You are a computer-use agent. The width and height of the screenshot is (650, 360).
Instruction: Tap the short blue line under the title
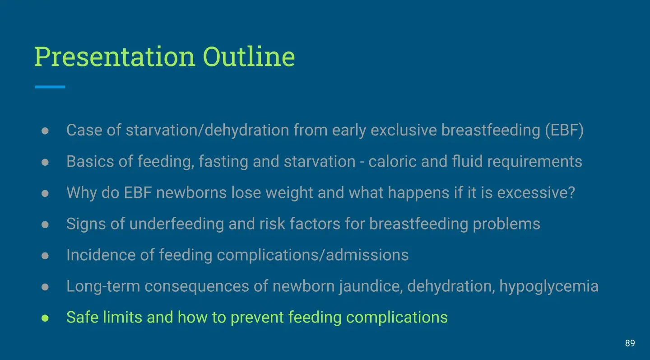[x=50, y=87]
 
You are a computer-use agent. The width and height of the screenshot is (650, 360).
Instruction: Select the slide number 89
[x=630, y=343]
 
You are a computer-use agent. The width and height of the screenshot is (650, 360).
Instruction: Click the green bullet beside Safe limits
[x=45, y=318]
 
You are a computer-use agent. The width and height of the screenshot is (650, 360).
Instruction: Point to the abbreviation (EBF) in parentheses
[x=564, y=130]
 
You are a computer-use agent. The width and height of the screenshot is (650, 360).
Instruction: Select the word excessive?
[x=536, y=193]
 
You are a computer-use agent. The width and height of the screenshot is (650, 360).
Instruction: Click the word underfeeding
[x=176, y=224]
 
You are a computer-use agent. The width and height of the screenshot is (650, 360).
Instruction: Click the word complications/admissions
[x=312, y=256]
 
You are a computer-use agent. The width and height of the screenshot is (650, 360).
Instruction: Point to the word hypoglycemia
[x=549, y=287]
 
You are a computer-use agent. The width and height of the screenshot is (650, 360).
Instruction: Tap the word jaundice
[x=371, y=287]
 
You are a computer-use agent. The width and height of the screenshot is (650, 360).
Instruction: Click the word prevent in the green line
[x=257, y=318]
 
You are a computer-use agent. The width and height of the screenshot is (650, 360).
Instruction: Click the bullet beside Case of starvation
[x=45, y=131]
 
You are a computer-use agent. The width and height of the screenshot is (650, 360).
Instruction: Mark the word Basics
[x=90, y=161]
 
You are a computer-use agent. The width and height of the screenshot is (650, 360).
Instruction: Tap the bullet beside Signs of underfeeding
[x=45, y=224]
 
